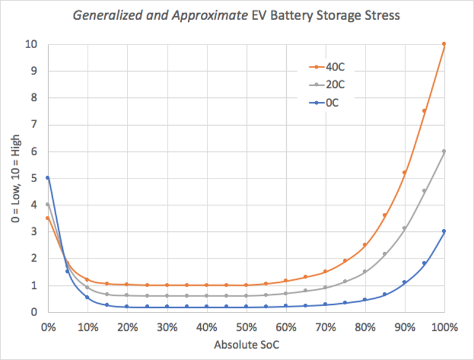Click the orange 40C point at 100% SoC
(444, 44)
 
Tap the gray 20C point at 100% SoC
(444, 151)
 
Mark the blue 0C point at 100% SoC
(444, 231)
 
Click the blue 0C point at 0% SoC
(47, 177)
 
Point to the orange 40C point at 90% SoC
(405, 173)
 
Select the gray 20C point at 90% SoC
(405, 228)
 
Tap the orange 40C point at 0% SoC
(47, 218)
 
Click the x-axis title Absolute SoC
(245, 345)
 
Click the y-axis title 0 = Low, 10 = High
(18, 179)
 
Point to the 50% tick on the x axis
(246, 327)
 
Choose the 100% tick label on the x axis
(444, 327)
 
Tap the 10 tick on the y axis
(33, 44)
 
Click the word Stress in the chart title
(385, 16)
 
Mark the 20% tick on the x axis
(127, 327)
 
